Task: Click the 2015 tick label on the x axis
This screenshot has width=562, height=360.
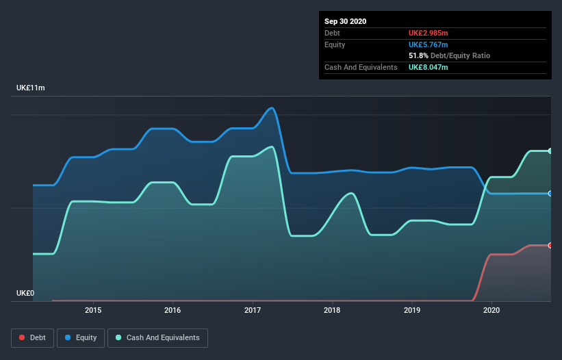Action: point(93,310)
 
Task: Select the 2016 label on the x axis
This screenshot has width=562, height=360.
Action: point(173,310)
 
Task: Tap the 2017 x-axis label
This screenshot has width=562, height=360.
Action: point(253,310)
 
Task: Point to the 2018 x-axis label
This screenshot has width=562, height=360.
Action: point(332,310)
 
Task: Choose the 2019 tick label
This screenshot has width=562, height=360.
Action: point(412,310)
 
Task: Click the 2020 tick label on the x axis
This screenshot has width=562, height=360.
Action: point(491,310)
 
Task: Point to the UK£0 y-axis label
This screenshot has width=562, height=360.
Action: point(25,293)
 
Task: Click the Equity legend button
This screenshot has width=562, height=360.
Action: point(81,337)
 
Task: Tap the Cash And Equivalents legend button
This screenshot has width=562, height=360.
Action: point(157,337)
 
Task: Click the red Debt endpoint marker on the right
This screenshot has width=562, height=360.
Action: point(550,245)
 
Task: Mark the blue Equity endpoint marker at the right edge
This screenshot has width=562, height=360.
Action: point(550,194)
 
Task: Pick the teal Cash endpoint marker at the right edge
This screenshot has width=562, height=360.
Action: point(550,151)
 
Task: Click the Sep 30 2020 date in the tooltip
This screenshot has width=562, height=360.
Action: point(345,21)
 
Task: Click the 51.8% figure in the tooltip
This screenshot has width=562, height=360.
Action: point(420,55)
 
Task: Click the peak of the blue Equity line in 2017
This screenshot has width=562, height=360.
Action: point(272,108)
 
